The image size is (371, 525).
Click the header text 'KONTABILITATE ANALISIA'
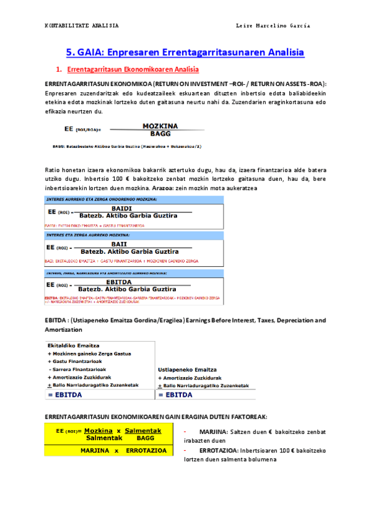(x=82, y=26)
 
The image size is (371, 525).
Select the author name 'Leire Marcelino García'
(x=273, y=26)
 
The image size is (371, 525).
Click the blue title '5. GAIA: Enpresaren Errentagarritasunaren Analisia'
(x=185, y=53)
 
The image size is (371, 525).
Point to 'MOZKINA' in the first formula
(x=160, y=125)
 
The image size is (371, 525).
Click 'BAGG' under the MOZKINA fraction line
(x=160, y=133)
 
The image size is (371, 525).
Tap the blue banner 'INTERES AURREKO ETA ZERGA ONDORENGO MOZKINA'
(x=102, y=199)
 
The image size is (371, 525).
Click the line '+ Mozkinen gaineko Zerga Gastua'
(x=89, y=354)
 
